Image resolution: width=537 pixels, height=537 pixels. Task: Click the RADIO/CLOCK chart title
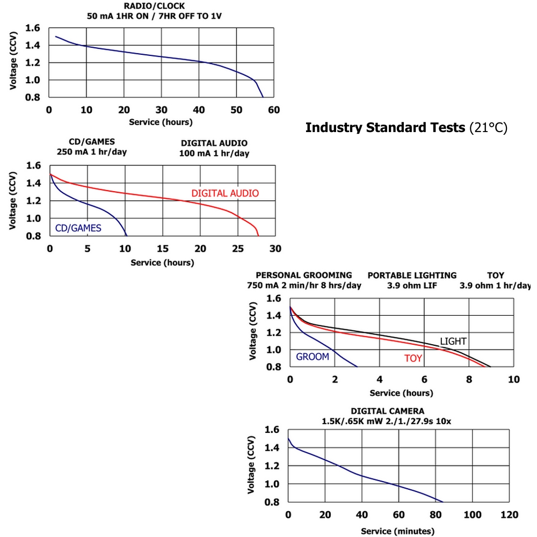pyautogui.click(x=154, y=6)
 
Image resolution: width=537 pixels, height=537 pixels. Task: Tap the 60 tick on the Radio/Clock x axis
pyautogui.click(x=274, y=110)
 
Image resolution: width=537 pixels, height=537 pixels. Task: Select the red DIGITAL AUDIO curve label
pyautogui.click(x=225, y=193)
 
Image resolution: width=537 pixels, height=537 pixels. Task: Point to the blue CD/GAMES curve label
pyautogui.click(x=78, y=228)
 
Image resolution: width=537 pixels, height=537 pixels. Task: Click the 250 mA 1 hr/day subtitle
pyautogui.click(x=92, y=152)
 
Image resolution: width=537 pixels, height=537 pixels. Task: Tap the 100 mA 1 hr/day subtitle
pyautogui.click(x=214, y=154)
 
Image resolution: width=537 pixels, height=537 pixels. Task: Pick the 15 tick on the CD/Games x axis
pyautogui.click(x=162, y=249)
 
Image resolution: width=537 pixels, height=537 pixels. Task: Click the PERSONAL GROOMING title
pyautogui.click(x=304, y=275)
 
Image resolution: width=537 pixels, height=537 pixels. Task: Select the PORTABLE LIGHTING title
pyautogui.click(x=412, y=275)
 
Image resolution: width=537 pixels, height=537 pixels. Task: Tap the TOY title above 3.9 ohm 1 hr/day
pyautogui.click(x=496, y=275)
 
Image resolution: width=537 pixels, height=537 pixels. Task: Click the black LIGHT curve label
pyautogui.click(x=453, y=342)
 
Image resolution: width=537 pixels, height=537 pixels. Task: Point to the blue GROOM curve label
pyautogui.click(x=313, y=357)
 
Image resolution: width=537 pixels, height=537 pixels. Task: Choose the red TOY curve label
pyautogui.click(x=413, y=358)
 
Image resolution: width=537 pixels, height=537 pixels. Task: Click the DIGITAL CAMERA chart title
pyautogui.click(x=387, y=411)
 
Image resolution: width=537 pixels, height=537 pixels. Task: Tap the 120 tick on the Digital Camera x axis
pyautogui.click(x=509, y=515)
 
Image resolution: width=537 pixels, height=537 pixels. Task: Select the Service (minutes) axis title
pyautogui.click(x=397, y=531)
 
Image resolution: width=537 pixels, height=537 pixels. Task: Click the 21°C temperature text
pyautogui.click(x=488, y=128)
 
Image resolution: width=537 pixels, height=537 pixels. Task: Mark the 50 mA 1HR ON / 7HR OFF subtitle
pyautogui.click(x=154, y=16)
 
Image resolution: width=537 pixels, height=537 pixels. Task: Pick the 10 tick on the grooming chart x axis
pyautogui.click(x=513, y=380)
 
